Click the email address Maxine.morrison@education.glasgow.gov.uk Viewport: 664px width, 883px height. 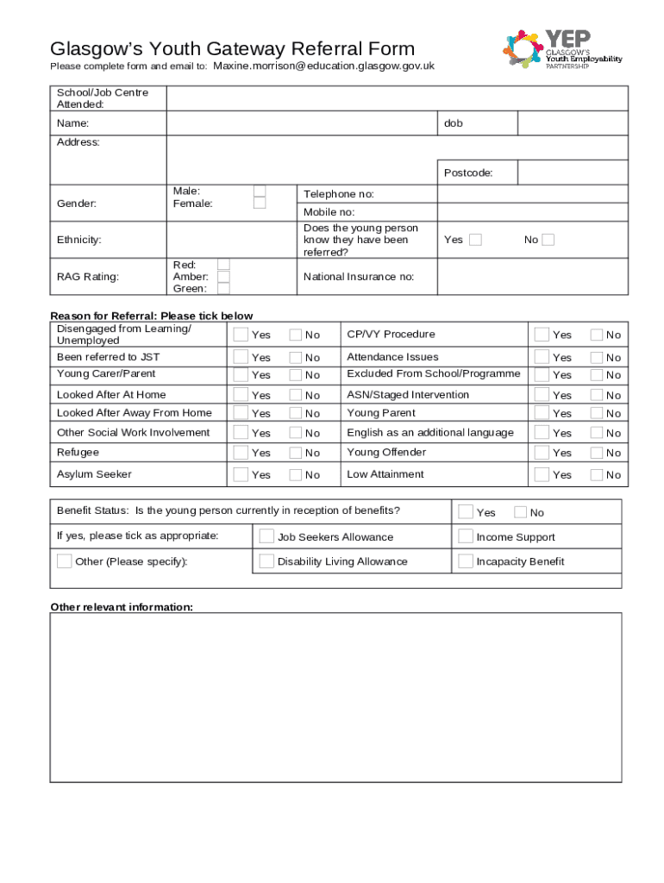coord(323,66)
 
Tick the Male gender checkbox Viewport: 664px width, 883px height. coord(260,191)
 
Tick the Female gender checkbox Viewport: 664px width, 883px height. coord(260,204)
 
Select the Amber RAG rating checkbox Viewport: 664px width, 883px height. coord(223,277)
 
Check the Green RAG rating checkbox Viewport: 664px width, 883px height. coord(223,289)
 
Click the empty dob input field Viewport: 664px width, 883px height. coord(573,123)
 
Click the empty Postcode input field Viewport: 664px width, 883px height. coord(573,172)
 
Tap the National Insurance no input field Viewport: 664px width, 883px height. coord(532,277)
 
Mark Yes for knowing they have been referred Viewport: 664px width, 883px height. coord(475,240)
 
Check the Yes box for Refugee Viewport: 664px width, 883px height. coord(241,452)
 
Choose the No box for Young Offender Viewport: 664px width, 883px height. coord(596,452)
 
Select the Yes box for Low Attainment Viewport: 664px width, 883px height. coord(542,473)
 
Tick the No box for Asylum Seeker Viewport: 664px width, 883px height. coord(296,473)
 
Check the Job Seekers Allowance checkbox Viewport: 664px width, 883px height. coord(267,536)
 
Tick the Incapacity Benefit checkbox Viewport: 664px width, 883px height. coord(466,561)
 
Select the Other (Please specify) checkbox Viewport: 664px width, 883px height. coord(65,561)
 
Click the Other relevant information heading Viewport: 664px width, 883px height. coord(122,607)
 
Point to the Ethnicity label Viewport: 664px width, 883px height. coord(79,240)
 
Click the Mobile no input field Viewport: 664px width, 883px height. coord(532,212)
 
